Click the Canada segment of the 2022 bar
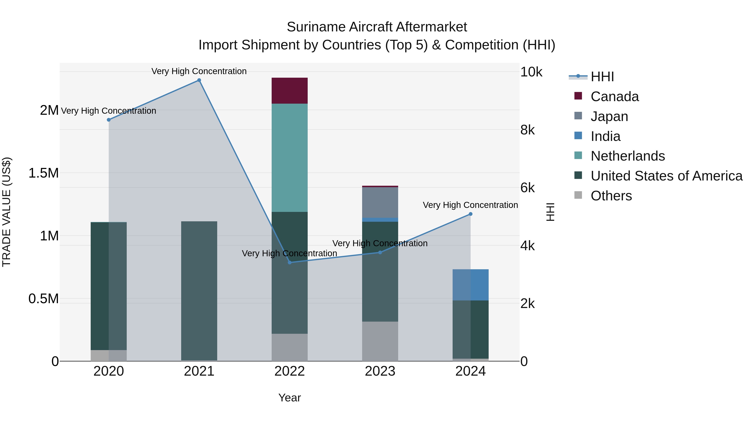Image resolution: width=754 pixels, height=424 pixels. click(289, 91)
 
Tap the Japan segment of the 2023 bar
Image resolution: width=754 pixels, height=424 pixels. click(380, 202)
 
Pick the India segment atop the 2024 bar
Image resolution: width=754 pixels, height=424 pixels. click(470, 285)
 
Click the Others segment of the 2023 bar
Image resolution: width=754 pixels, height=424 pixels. click(380, 341)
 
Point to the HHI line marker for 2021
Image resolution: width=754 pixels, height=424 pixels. click(199, 80)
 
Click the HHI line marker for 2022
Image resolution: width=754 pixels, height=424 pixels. click(289, 263)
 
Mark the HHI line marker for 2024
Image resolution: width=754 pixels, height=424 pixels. click(470, 214)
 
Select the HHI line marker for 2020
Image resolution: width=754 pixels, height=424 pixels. click(108, 120)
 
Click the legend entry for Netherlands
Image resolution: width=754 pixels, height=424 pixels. click(627, 156)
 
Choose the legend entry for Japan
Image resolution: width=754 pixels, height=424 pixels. click(609, 116)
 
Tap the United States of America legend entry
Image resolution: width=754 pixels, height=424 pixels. click(666, 176)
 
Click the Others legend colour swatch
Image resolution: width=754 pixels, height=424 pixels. click(578, 195)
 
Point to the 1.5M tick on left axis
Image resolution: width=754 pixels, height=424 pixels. click(43, 173)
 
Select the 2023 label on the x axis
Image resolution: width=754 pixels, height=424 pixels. click(380, 371)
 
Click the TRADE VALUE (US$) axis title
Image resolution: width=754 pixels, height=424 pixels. click(6, 212)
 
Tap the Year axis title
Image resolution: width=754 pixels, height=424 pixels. click(289, 398)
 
